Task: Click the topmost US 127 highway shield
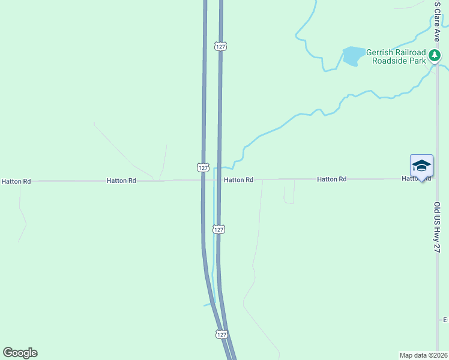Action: point(220,46)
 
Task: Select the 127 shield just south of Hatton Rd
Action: point(219,229)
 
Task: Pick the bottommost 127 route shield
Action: point(221,335)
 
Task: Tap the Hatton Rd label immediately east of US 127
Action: point(239,180)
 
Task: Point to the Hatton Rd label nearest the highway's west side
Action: point(121,180)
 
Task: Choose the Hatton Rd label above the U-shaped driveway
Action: point(332,179)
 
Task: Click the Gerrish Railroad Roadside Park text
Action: point(399,56)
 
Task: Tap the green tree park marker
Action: point(435,56)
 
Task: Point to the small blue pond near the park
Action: point(353,56)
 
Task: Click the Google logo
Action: point(20,353)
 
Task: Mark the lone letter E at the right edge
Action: point(445,320)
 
